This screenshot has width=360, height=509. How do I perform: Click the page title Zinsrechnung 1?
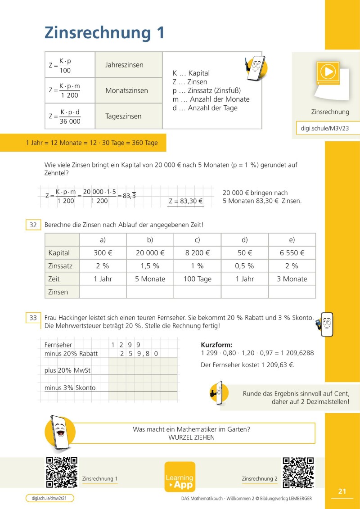coord(104,33)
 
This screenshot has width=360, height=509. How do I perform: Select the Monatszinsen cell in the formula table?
coord(126,90)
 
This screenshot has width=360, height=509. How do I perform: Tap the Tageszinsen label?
coord(123,116)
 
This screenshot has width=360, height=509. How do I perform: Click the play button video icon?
coord(328,72)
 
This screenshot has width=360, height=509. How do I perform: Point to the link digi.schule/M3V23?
coord(325,128)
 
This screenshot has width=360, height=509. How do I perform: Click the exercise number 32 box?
coord(33,224)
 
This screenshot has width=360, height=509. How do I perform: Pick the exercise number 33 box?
coord(33,318)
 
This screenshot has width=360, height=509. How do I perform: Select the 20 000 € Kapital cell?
coord(150,253)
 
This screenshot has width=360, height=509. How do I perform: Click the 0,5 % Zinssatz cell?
coord(244,266)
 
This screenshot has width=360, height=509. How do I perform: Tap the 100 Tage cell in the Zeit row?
coord(197,279)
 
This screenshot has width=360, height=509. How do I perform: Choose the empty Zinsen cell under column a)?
coord(103,292)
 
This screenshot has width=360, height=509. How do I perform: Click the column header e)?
coord(292,240)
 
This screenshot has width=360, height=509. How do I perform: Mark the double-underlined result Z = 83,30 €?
coord(186,201)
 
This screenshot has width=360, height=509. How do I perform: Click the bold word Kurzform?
coord(216,345)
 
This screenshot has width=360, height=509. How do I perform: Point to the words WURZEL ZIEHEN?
coord(191,437)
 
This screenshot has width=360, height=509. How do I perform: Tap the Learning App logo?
coord(180,477)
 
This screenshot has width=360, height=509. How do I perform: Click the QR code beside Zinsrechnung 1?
coord(62,472)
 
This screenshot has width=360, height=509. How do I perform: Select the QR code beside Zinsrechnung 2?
coord(298,473)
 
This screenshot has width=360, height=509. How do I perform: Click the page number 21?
coord(342,491)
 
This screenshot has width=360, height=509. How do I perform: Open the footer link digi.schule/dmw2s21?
coord(49,498)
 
